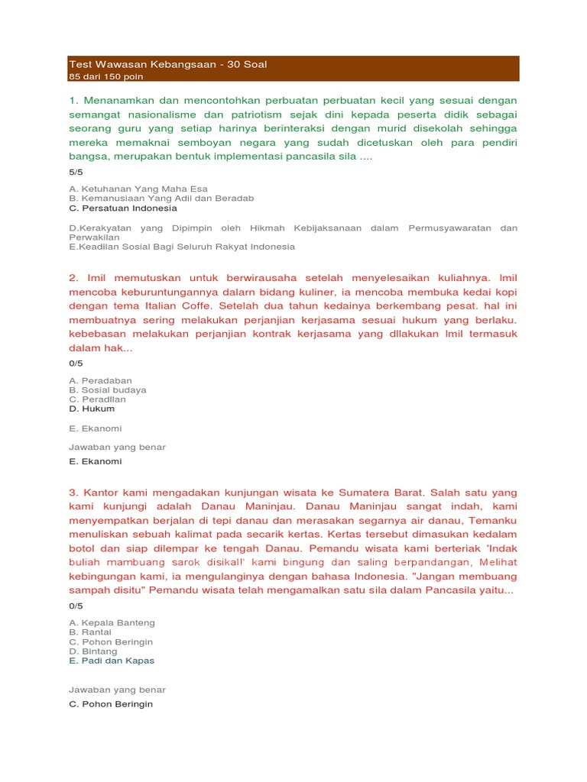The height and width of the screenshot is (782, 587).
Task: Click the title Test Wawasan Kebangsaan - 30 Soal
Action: (167, 64)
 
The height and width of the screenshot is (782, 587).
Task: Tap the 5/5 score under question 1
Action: (76, 172)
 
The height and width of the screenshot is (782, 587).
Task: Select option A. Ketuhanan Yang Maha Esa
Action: (138, 189)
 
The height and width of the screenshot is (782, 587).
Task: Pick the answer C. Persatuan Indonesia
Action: (122, 208)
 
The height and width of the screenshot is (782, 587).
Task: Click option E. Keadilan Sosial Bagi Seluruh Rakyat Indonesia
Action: (181, 247)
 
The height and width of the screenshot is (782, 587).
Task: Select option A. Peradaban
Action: (100, 380)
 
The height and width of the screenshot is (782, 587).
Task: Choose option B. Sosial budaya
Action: (107, 389)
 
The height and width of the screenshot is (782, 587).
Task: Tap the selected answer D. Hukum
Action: (92, 409)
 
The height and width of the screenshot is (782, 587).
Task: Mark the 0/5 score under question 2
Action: (76, 364)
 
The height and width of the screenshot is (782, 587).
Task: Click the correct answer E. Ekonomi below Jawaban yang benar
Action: (95, 461)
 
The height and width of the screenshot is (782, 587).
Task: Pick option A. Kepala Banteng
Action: (112, 622)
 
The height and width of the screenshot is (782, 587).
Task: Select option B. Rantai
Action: (90, 632)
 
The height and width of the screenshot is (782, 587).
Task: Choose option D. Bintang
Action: (93, 651)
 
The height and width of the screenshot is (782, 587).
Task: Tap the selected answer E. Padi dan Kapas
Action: (112, 661)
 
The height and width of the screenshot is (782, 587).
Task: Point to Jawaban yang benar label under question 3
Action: (117, 690)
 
